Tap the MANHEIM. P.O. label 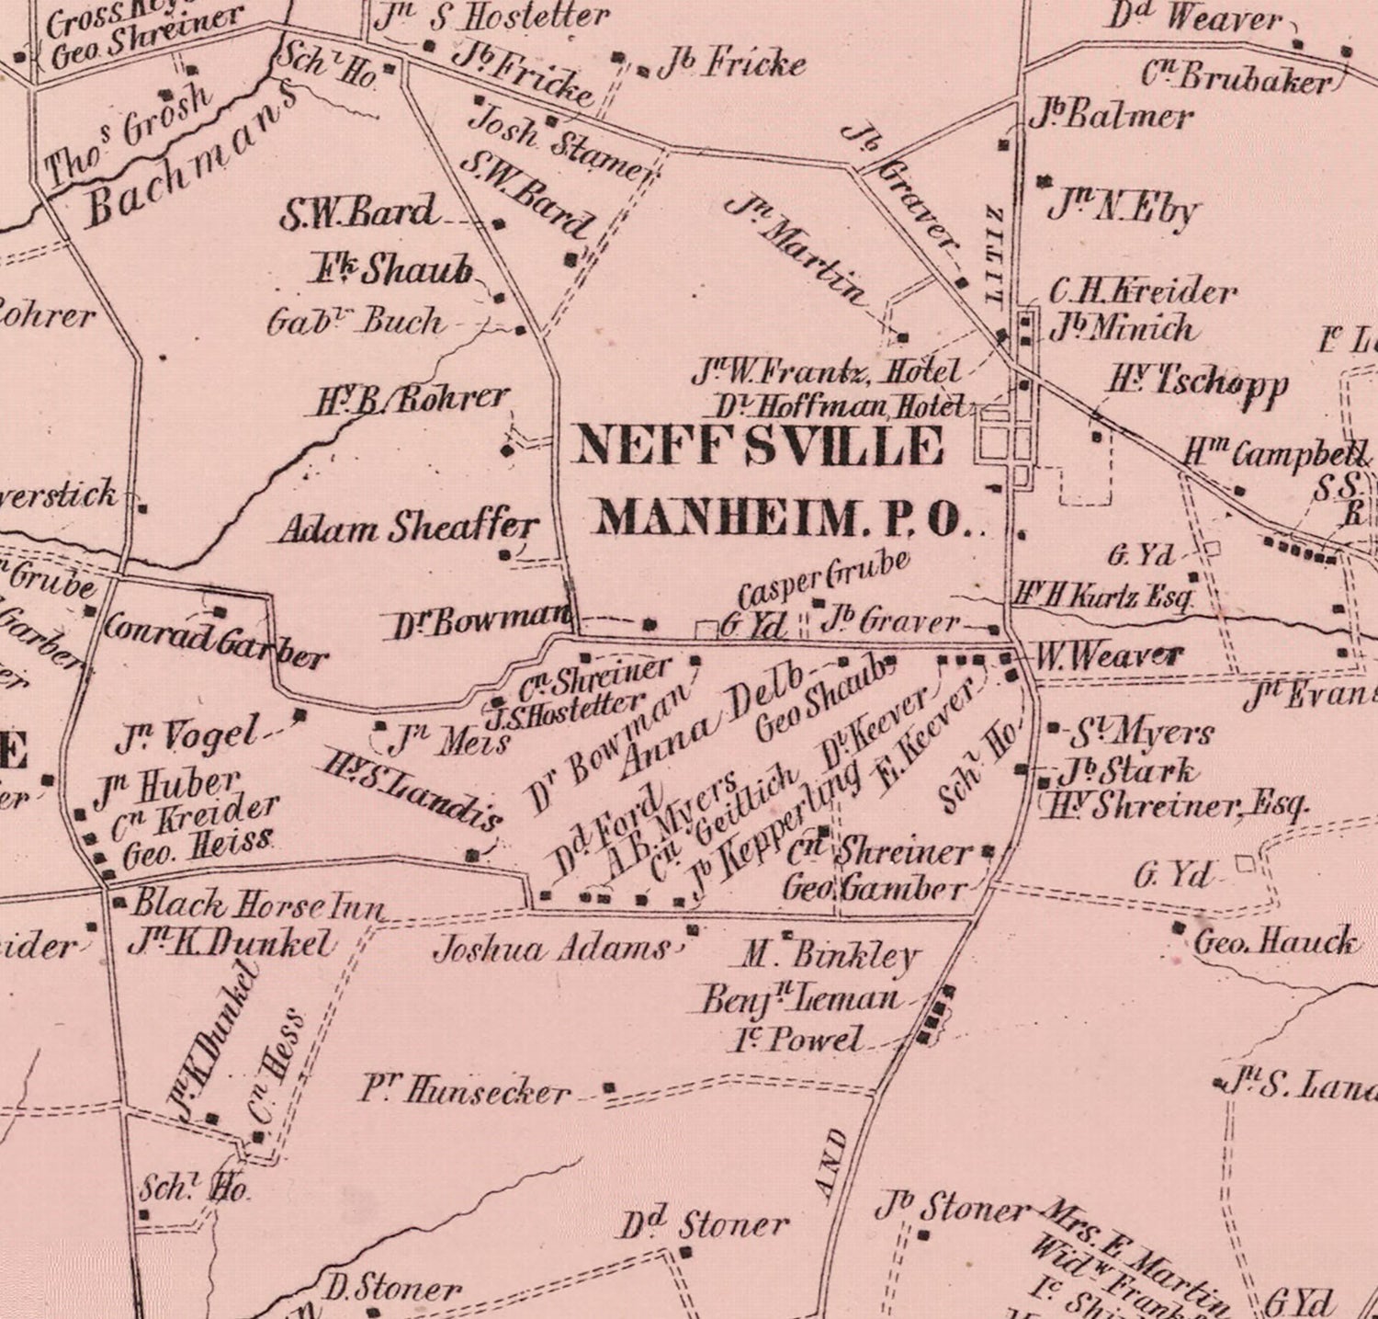(783, 518)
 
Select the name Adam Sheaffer (407, 528)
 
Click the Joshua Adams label (551, 949)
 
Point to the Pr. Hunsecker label (465, 1091)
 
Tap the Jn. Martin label (798, 249)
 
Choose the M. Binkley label (829, 956)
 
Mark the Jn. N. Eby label (1123, 208)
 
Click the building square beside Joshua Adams (693, 930)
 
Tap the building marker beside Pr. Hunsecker (609, 1089)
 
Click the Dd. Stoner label (705, 1225)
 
